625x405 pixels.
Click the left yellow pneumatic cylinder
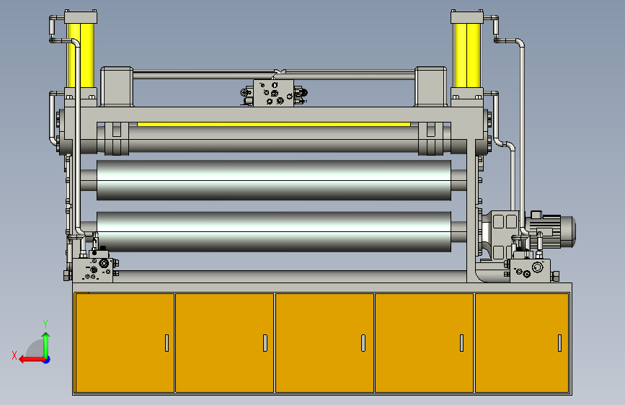(81, 55)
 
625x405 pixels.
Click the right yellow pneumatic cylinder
(466, 55)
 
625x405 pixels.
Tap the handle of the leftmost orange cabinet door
(167, 343)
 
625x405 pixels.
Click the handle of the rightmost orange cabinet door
(559, 343)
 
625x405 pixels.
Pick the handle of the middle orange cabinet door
(363, 343)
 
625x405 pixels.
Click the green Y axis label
(45, 324)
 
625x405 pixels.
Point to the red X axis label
(14, 355)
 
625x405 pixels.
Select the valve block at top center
(273, 93)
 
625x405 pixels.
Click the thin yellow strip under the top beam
(274, 125)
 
